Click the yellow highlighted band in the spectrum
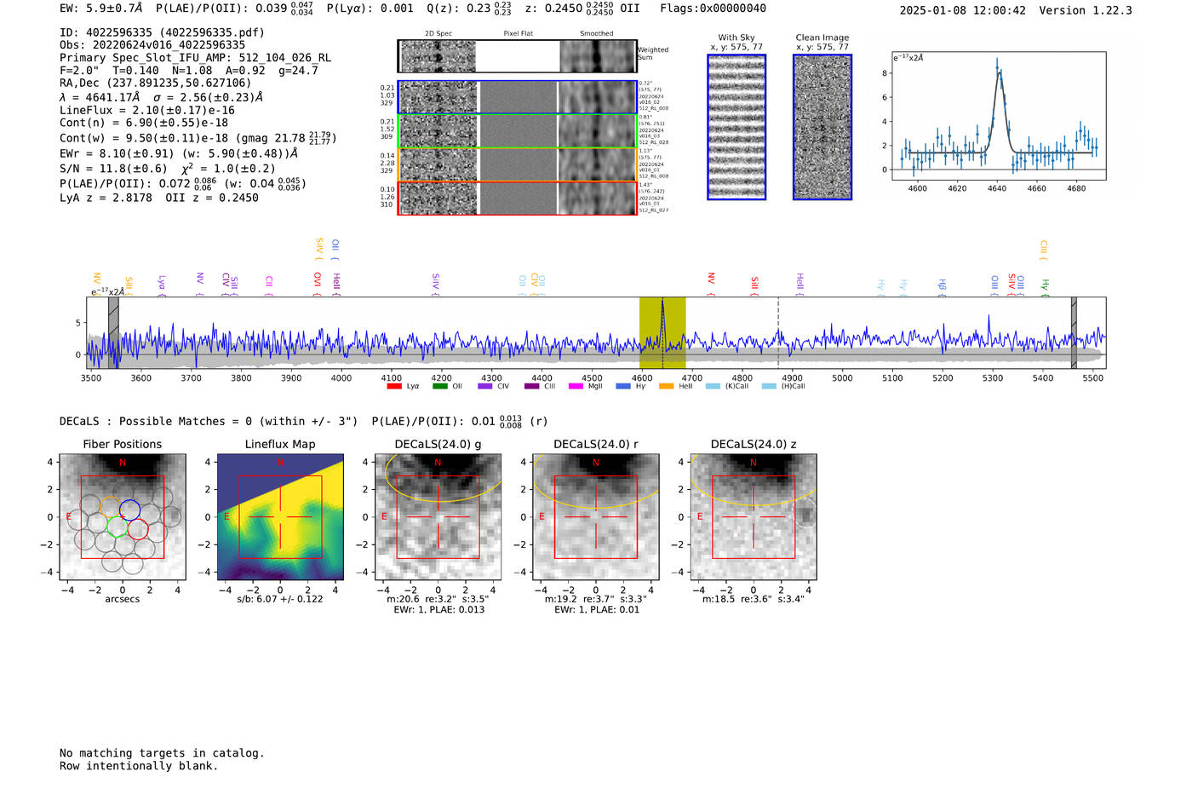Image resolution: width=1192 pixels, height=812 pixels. click(662, 332)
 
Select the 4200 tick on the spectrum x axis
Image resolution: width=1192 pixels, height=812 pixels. click(441, 377)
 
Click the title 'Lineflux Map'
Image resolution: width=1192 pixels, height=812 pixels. click(280, 444)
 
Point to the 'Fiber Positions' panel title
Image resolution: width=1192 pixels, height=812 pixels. click(123, 444)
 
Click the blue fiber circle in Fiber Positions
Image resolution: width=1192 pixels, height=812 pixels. click(129, 510)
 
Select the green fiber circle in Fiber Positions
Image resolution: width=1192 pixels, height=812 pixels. click(117, 527)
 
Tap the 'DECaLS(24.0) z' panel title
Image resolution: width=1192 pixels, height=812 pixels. click(753, 444)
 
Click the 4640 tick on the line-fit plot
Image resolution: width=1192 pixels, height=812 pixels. click(996, 188)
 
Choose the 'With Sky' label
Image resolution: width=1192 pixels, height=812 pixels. click(736, 37)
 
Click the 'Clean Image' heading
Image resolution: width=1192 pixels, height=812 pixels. click(822, 37)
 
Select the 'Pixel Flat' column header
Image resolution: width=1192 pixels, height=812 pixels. click(518, 33)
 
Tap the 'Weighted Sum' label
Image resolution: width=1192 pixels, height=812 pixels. click(653, 54)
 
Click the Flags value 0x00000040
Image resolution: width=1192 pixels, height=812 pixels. click(732, 9)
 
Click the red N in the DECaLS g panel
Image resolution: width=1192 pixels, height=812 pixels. click(438, 463)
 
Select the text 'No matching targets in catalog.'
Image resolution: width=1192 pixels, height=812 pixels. click(162, 753)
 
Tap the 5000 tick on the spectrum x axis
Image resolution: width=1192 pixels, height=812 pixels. click(842, 377)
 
